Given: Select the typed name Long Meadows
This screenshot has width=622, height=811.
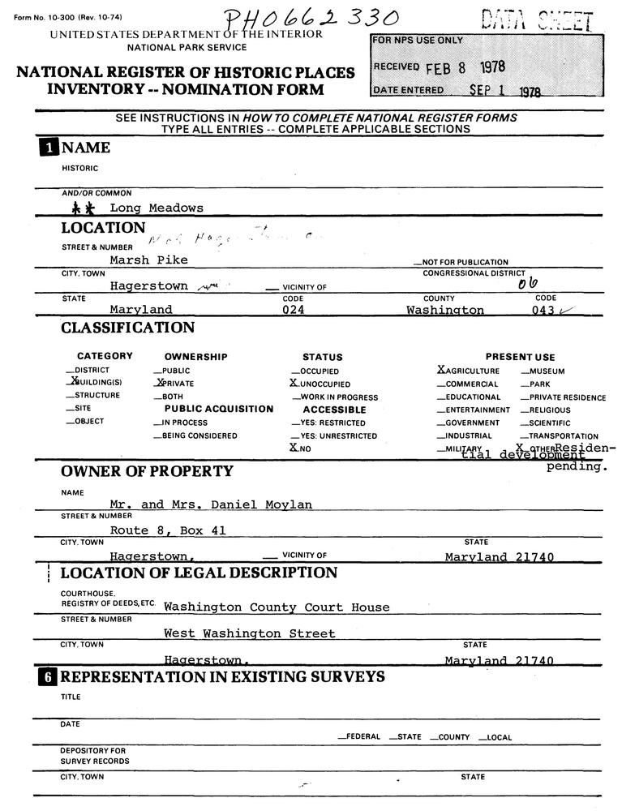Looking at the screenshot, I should coord(157,208).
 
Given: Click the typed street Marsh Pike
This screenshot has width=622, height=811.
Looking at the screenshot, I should coord(149,260).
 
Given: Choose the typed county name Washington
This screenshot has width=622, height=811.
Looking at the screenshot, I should coord(445,310).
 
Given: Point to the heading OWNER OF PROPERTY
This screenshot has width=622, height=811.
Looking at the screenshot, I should coord(147,471).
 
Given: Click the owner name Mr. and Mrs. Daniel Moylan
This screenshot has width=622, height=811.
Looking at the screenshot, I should coord(211,504).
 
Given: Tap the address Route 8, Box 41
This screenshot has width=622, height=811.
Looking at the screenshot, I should coord(168,530).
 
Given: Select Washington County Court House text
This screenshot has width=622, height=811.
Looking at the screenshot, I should coord(276,607).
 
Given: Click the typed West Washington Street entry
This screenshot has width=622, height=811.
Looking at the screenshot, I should coord(249,633).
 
